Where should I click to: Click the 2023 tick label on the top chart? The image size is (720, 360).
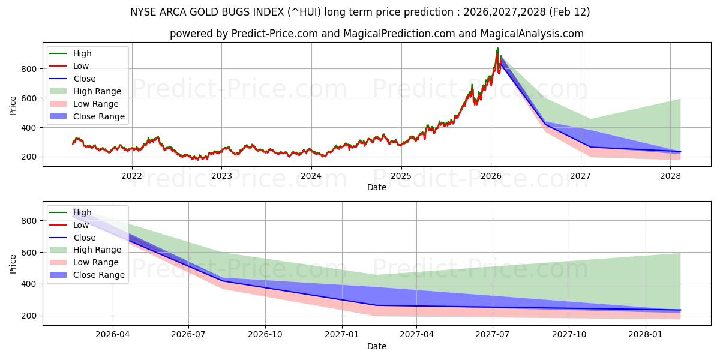tap(221, 176)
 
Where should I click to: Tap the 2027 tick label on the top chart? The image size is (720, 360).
tap(580, 176)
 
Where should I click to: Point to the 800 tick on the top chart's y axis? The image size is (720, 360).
tap(31, 69)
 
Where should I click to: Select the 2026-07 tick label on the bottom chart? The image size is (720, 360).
tap(188, 335)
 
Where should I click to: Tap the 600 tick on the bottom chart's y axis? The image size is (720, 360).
tap(31, 253)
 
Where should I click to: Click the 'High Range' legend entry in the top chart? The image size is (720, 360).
tap(97, 91)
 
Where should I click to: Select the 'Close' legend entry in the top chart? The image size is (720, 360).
tap(85, 79)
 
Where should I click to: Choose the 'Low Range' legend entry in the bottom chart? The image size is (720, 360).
tap(96, 262)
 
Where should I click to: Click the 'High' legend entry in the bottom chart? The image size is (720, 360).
tap(83, 212)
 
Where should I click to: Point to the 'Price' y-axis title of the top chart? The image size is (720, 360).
tap(13, 105)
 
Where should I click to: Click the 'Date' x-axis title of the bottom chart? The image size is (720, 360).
tap(376, 346)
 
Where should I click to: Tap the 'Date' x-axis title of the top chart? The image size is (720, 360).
tap(376, 187)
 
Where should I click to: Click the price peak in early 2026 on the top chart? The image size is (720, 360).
tap(497, 49)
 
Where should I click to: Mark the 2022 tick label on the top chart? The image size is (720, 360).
tap(131, 176)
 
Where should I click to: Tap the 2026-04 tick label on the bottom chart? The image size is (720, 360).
tap(113, 335)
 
